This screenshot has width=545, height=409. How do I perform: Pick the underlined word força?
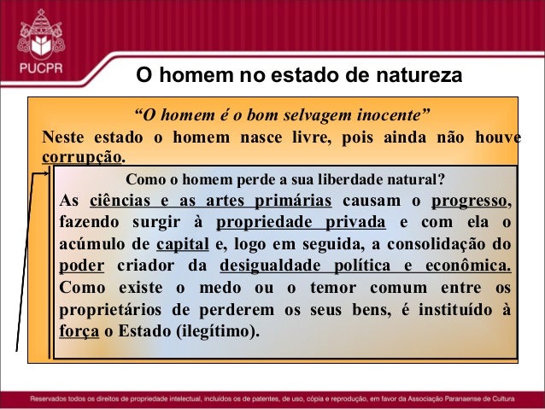[79, 329]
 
